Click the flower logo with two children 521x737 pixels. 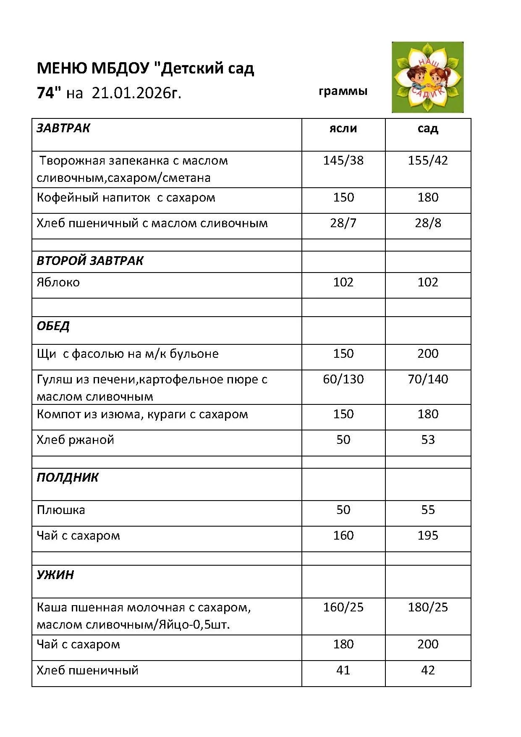(x=427, y=77)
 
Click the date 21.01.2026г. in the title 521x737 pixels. (x=136, y=93)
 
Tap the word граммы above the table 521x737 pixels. (x=343, y=91)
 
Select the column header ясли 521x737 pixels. (x=343, y=128)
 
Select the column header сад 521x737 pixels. (x=427, y=128)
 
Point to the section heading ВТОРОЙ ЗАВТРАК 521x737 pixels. (x=90, y=261)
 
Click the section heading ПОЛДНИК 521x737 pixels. (x=68, y=477)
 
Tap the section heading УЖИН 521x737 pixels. (x=55, y=574)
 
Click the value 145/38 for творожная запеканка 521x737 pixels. (x=343, y=160)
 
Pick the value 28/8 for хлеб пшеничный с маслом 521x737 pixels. (x=428, y=223)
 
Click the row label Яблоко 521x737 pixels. (x=58, y=282)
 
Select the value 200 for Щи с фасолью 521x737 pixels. (x=428, y=354)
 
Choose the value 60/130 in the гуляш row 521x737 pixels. (x=343, y=379)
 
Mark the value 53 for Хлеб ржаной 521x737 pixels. (x=428, y=440)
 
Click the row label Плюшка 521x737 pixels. (x=61, y=510)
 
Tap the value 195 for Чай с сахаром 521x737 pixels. (x=428, y=535)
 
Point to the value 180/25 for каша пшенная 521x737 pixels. (x=428, y=607)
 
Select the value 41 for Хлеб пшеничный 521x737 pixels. (x=343, y=670)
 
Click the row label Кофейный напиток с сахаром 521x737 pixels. (x=126, y=197)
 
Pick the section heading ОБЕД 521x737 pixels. (x=53, y=326)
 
